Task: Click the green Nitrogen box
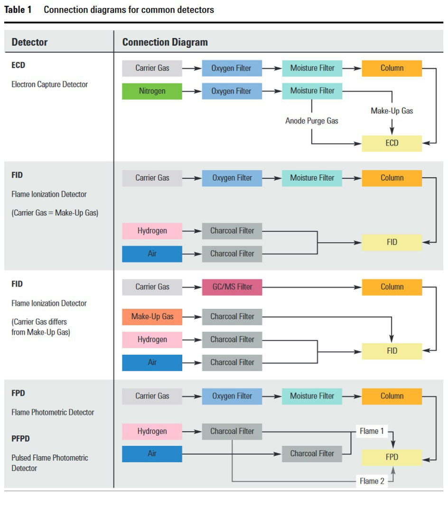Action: point(152,91)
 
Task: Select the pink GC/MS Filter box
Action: point(232,287)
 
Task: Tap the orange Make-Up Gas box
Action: point(152,317)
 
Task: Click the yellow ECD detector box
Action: point(392,143)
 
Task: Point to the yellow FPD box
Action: point(392,457)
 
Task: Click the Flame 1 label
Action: point(372,431)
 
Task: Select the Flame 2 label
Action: point(372,481)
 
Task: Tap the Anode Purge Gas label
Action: point(311,121)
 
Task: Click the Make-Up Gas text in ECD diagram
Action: point(392,111)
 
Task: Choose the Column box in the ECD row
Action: point(392,68)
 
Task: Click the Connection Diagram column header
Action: point(165,42)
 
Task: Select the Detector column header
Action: point(29,42)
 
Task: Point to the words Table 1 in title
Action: point(18,9)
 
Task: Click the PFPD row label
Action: point(20,439)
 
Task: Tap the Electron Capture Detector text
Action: point(49,84)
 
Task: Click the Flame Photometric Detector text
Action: point(53,412)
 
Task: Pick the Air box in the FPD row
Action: point(152,453)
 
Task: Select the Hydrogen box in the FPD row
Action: point(152,431)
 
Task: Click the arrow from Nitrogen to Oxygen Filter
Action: point(192,91)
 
